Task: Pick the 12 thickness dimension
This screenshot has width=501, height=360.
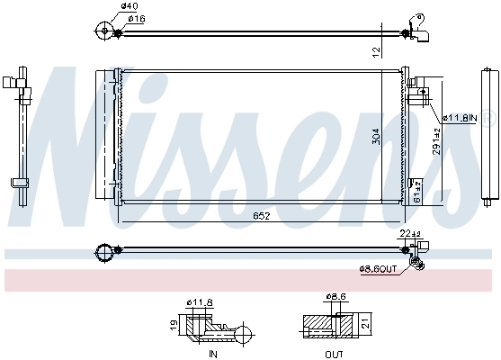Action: (376, 51)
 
